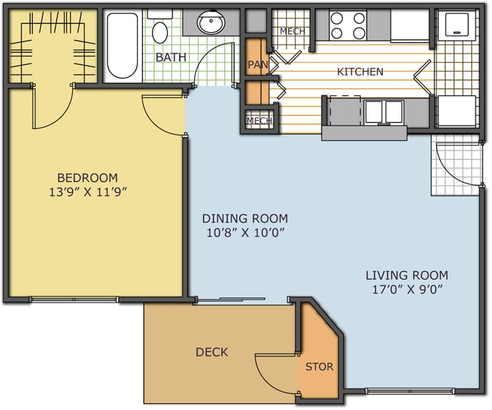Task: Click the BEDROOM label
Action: (x=87, y=178)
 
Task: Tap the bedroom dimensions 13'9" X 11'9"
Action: (x=88, y=192)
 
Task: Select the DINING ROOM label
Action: (x=245, y=218)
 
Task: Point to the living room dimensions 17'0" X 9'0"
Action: (x=407, y=289)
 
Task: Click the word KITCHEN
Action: (x=360, y=72)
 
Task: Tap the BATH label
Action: (x=170, y=58)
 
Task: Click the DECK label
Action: (x=212, y=352)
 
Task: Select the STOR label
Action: (x=319, y=367)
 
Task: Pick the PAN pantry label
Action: (x=257, y=65)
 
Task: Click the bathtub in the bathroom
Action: (x=123, y=46)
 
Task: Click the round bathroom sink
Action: (x=211, y=22)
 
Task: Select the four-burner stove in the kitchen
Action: (x=348, y=26)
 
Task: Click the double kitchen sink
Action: (x=384, y=112)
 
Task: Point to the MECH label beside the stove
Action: (x=292, y=31)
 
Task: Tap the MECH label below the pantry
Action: (x=259, y=121)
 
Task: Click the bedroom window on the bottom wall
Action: (x=74, y=299)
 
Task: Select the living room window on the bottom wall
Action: (x=410, y=391)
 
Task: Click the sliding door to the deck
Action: (x=241, y=300)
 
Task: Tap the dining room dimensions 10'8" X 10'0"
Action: (x=245, y=232)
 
